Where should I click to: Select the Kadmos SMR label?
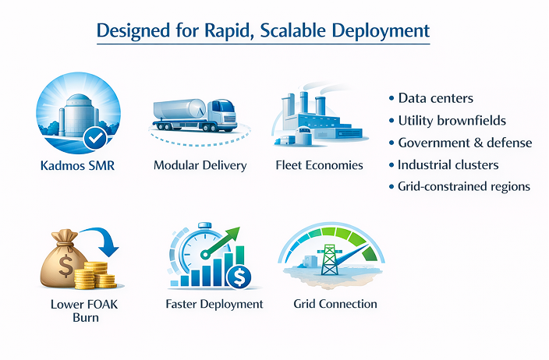[x=77, y=165]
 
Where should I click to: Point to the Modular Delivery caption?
[x=200, y=165]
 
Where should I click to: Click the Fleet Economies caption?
[x=319, y=165]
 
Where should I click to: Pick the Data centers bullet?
[x=435, y=99]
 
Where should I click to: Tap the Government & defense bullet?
[x=465, y=143]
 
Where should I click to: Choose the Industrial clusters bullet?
[x=448, y=165]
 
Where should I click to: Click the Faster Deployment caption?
[x=214, y=304]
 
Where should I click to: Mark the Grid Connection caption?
[x=335, y=304]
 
